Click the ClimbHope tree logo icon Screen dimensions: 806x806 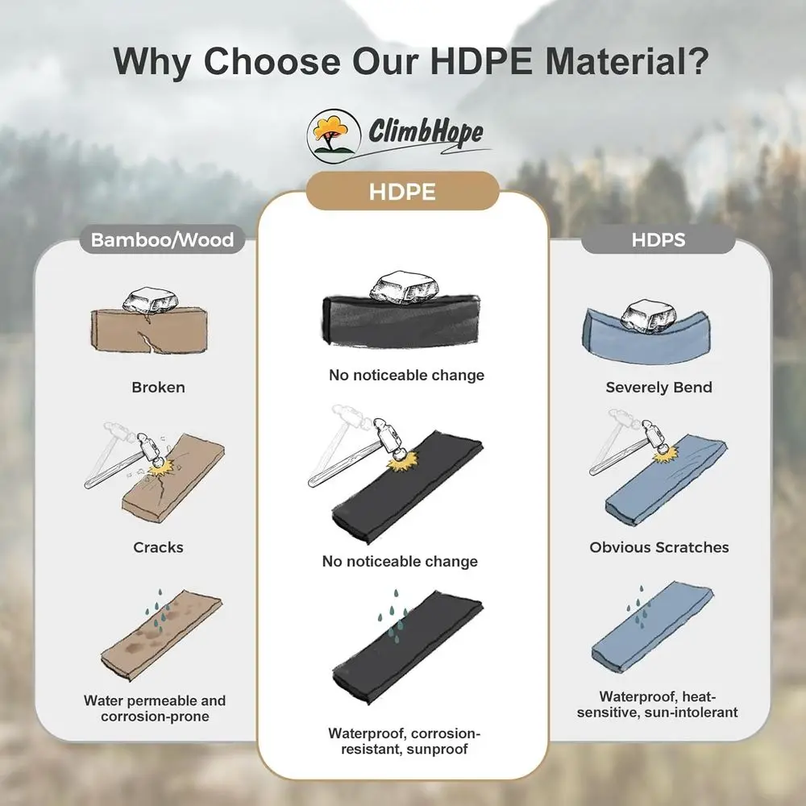coord(328,135)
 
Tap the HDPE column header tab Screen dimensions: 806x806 coord(402,193)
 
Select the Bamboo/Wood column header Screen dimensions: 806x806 coord(162,239)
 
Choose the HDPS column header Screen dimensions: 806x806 coord(659,240)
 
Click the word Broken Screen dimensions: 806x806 coord(159,387)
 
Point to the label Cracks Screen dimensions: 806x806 coord(159,547)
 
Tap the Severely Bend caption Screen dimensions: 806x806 coord(659,387)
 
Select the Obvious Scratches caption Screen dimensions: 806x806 coord(659,547)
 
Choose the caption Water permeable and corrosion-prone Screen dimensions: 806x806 coord(155,708)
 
